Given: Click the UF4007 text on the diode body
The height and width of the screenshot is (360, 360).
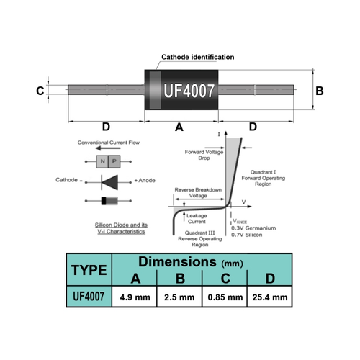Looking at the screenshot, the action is [x=189, y=91].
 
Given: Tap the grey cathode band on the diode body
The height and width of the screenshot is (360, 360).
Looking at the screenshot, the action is [x=156, y=90].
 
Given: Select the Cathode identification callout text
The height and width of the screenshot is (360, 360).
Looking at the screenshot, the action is [x=198, y=57].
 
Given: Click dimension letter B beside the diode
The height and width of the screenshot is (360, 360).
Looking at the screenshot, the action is [x=320, y=91].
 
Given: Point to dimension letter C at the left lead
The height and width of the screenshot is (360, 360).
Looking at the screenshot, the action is [x=40, y=91].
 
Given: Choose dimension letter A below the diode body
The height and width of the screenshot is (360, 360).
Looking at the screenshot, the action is [x=179, y=127].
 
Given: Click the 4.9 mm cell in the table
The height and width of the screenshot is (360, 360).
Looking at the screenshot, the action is [x=135, y=297].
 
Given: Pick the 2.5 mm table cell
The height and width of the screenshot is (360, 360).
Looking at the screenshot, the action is [x=179, y=297].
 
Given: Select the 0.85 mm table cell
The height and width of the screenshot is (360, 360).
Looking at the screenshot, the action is [x=225, y=297].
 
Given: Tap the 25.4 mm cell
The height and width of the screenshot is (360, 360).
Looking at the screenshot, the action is [x=270, y=297].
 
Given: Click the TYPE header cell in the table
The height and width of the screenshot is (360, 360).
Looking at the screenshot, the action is [x=89, y=270].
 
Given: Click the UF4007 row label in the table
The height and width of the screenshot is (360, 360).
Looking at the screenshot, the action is [x=89, y=297].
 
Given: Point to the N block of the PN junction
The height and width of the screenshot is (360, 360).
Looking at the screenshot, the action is [x=102, y=161].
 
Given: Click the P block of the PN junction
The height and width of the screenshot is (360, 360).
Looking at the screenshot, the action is [x=114, y=161].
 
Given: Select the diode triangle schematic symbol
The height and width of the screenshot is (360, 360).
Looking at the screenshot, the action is [x=109, y=182].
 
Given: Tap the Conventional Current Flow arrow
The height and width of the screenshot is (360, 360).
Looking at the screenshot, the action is [x=108, y=148].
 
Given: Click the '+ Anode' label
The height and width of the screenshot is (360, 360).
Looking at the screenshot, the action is [x=145, y=180].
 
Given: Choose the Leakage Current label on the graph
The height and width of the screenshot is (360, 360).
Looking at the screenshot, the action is [x=197, y=219].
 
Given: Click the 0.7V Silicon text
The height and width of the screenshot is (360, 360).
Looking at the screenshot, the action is [x=247, y=235].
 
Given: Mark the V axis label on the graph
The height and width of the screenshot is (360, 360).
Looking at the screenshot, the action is [x=244, y=202].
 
